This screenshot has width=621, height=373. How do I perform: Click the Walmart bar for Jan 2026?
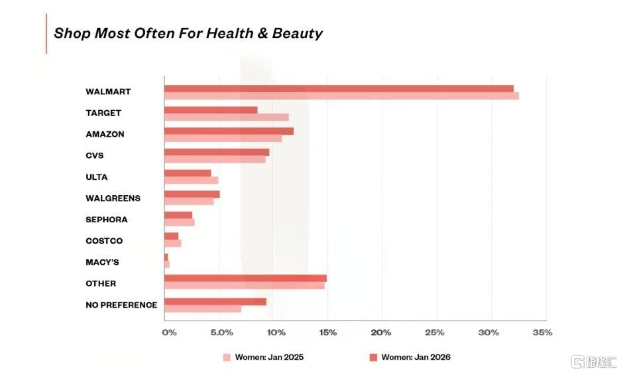(339, 89)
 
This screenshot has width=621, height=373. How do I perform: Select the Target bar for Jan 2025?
(227, 117)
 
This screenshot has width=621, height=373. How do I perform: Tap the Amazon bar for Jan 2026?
(229, 131)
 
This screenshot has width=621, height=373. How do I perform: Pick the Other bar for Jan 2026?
(245, 278)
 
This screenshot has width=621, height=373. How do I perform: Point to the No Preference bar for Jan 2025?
(203, 309)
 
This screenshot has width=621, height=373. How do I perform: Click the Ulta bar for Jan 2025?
(192, 180)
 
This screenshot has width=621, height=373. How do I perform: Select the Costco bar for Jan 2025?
(173, 243)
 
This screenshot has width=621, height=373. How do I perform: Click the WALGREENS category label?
(113, 198)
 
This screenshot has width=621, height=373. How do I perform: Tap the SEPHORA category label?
(107, 220)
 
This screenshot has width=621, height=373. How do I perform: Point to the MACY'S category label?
(102, 262)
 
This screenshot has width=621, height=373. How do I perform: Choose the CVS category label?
(95, 155)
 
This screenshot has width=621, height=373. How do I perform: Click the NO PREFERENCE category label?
(121, 305)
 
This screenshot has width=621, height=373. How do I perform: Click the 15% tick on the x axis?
(328, 333)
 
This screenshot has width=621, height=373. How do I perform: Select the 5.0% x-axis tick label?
(222, 333)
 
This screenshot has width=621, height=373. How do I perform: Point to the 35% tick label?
(542, 333)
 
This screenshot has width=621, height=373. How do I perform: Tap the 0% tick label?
(169, 333)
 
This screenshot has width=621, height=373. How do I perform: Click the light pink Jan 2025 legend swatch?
(227, 357)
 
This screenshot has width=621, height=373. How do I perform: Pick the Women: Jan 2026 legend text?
(416, 357)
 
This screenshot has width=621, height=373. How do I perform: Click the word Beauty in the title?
(297, 33)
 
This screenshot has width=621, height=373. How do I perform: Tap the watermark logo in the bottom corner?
(594, 362)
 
